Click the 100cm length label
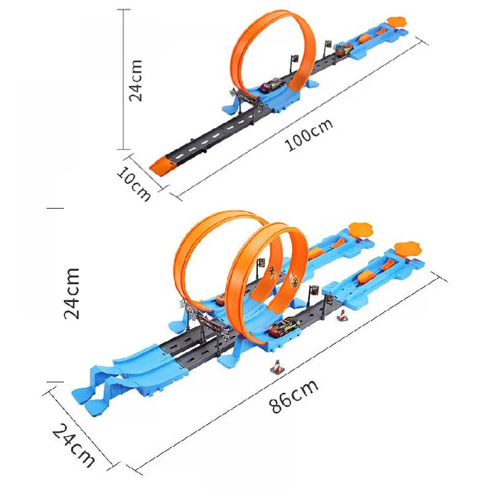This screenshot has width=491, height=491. tap(309, 134)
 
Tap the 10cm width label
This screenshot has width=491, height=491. tap(134, 182)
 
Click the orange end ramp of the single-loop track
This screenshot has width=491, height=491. tap(161, 164)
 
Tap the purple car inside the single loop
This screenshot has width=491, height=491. tap(269, 87)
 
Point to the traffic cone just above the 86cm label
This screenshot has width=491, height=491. tap(277, 366)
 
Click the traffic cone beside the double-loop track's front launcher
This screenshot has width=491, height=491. tap(342, 316)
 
